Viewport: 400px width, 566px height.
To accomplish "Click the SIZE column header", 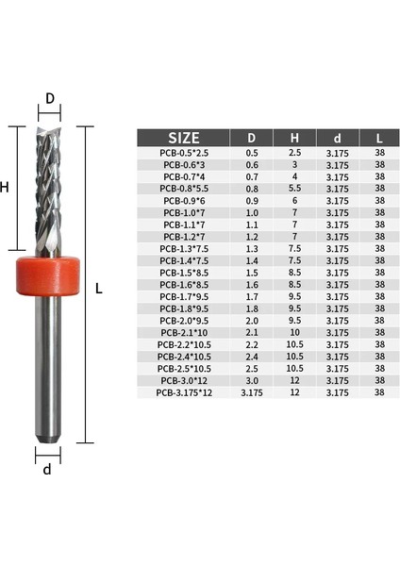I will click(x=189, y=137).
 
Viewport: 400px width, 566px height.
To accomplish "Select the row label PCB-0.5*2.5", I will click(x=189, y=152).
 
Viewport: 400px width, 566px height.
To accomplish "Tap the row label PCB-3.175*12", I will click(x=189, y=391).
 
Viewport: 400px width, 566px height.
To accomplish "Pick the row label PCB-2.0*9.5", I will click(x=189, y=320).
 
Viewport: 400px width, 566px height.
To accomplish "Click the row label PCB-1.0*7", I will click(x=189, y=212).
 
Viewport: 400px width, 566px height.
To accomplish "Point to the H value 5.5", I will click(x=294, y=188).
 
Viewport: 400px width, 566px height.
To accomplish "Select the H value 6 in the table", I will click(x=294, y=200).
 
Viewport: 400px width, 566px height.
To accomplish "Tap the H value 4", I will click(x=294, y=176).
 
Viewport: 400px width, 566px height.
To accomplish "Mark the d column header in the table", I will click(x=337, y=137).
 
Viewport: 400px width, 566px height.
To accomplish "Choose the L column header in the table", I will click(x=379, y=137).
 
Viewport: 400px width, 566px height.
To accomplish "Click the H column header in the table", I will click(x=294, y=137).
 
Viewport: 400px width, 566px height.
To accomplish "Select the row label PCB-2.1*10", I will click(x=189, y=332).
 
